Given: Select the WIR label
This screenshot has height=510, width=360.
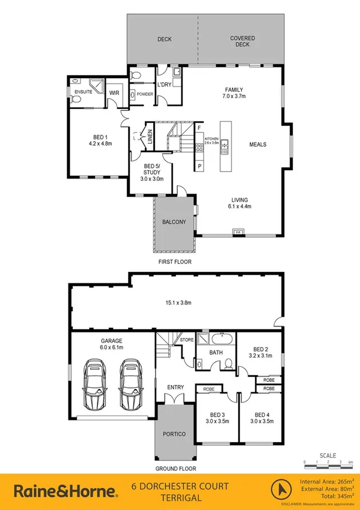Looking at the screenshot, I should pos(114,93).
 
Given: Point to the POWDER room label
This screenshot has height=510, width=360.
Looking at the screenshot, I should pos(145,94).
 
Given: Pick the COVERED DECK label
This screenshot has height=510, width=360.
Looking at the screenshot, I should pos(242,41).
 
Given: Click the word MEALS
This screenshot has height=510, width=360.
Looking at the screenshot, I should pos(258,144).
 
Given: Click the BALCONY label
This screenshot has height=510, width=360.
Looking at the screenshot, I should pos(174,222).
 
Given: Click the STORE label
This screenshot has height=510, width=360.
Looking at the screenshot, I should pos(187,340).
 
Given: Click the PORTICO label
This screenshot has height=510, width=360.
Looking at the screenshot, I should pos(174,434).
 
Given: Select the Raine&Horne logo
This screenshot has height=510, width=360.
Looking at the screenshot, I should pos(65,491).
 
